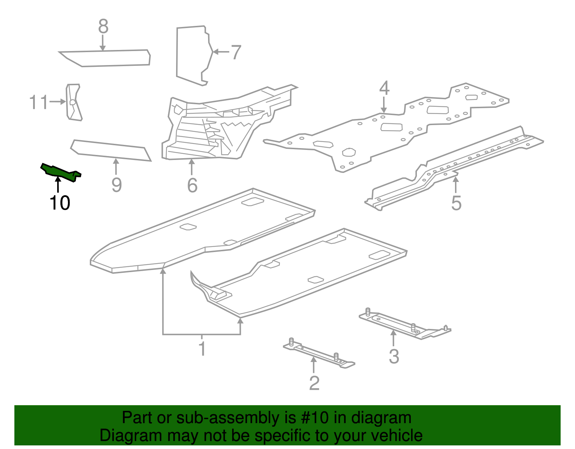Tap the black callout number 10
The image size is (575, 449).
pyautogui.click(x=60, y=203)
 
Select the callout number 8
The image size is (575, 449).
pyautogui.click(x=103, y=27)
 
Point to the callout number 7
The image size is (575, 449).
pyautogui.click(x=236, y=52)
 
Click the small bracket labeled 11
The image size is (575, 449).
pyautogui.click(x=73, y=102)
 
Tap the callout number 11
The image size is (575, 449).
pyautogui.click(x=38, y=102)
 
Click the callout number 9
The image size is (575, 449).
pyautogui.click(x=116, y=185)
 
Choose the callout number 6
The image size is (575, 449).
pyautogui.click(x=192, y=185)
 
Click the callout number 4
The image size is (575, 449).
pyautogui.click(x=384, y=88)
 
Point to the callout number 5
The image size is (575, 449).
pyautogui.click(x=456, y=203)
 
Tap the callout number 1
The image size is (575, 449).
pyautogui.click(x=202, y=349)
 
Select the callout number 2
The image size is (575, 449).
pyautogui.click(x=314, y=383)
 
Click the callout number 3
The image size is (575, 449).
pyautogui.click(x=394, y=357)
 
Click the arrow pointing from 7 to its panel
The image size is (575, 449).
pyautogui.click(x=221, y=52)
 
